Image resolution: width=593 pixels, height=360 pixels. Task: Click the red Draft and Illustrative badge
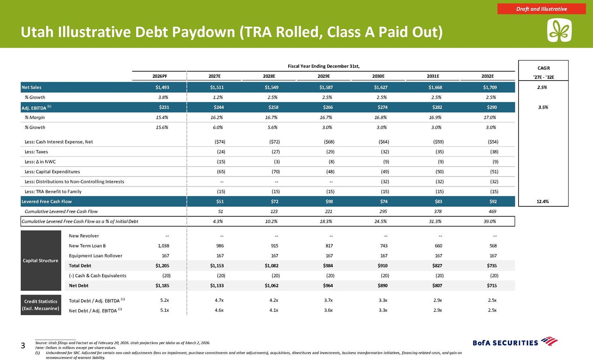tap(541, 9)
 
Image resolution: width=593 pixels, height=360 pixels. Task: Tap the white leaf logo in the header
tap(559, 30)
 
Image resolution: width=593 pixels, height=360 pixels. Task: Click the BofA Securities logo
tap(515, 342)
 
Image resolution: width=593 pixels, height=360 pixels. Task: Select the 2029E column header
tap(323, 76)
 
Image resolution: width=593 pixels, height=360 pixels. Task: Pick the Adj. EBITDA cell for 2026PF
tap(164, 107)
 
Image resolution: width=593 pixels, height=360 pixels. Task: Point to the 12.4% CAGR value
tap(543, 201)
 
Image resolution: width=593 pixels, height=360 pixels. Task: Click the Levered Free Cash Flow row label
tap(47, 201)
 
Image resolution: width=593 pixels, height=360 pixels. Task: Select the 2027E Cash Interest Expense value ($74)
tap(220, 142)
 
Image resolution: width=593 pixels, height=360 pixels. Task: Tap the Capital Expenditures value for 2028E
tap(276, 172)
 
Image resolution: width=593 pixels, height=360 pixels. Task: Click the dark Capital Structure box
tap(41, 260)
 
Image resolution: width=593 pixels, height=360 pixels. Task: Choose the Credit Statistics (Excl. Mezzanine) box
tap(41, 305)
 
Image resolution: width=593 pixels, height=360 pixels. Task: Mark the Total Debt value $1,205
tap(162, 266)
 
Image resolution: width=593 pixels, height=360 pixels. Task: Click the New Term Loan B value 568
tap(493, 246)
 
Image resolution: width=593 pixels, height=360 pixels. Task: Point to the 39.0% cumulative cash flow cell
tap(490, 221)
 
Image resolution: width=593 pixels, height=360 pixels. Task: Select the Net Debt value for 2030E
tap(383, 286)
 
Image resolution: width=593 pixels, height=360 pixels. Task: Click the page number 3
tap(23, 345)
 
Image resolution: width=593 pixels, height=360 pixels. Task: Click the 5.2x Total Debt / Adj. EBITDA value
tap(165, 301)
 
